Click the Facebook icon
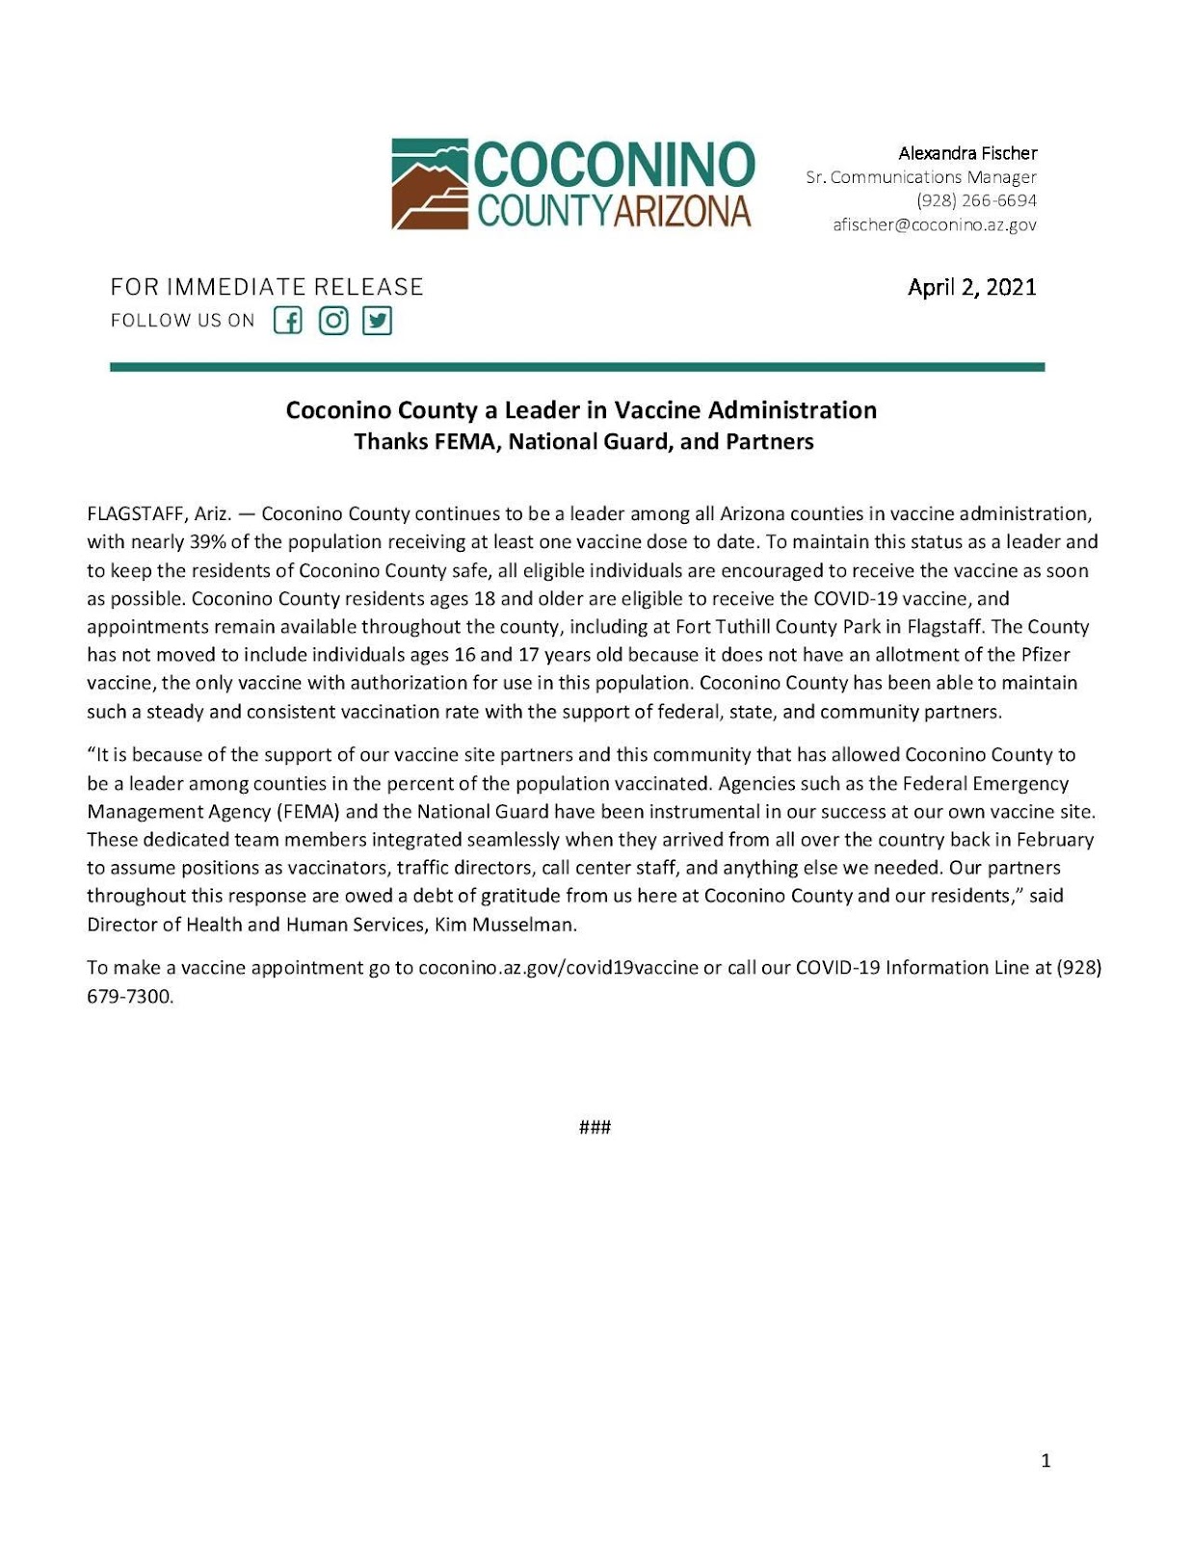click(287, 321)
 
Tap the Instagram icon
click(332, 321)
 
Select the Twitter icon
click(377, 321)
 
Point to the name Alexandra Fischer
click(967, 153)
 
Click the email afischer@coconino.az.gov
click(935, 224)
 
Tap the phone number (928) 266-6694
click(976, 200)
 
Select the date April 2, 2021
click(971, 287)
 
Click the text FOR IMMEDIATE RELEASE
click(267, 287)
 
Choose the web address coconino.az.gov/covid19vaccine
click(558, 967)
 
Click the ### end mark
click(595, 1127)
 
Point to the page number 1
click(1045, 1461)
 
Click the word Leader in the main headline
click(542, 410)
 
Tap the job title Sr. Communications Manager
click(921, 177)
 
